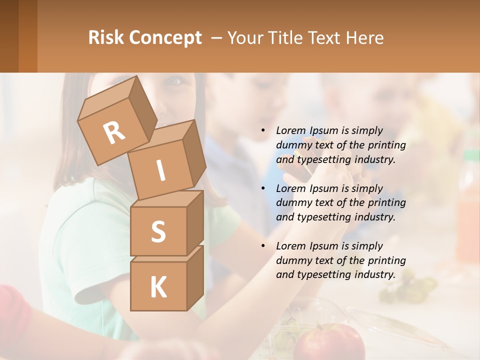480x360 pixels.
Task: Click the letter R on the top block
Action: tap(114, 132)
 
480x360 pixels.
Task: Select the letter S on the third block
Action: tap(158, 232)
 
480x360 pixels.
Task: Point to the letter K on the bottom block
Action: tap(158, 287)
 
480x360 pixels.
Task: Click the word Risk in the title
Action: tap(105, 37)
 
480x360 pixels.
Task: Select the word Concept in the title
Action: tap(165, 38)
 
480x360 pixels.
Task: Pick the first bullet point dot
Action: tap(263, 130)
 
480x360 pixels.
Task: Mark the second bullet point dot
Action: tap(263, 188)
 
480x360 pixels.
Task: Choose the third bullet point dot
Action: tap(263, 246)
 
